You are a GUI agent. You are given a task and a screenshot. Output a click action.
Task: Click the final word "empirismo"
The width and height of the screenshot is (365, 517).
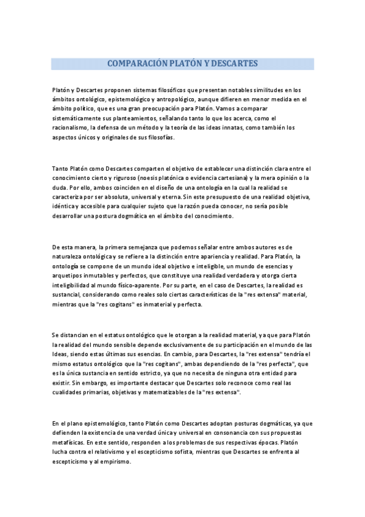pos(113,462)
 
